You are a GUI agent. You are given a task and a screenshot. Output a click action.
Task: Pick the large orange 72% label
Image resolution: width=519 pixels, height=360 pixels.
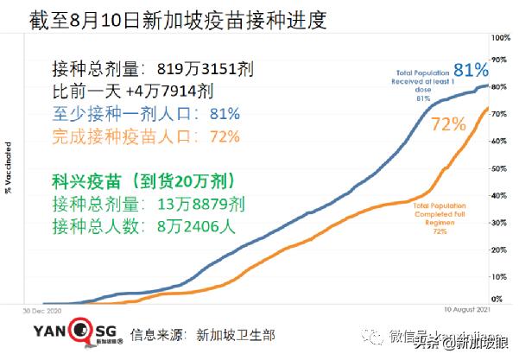[448, 124]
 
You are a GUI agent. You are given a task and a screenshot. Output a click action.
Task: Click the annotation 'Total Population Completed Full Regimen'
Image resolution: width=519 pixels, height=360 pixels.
[440, 216]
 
